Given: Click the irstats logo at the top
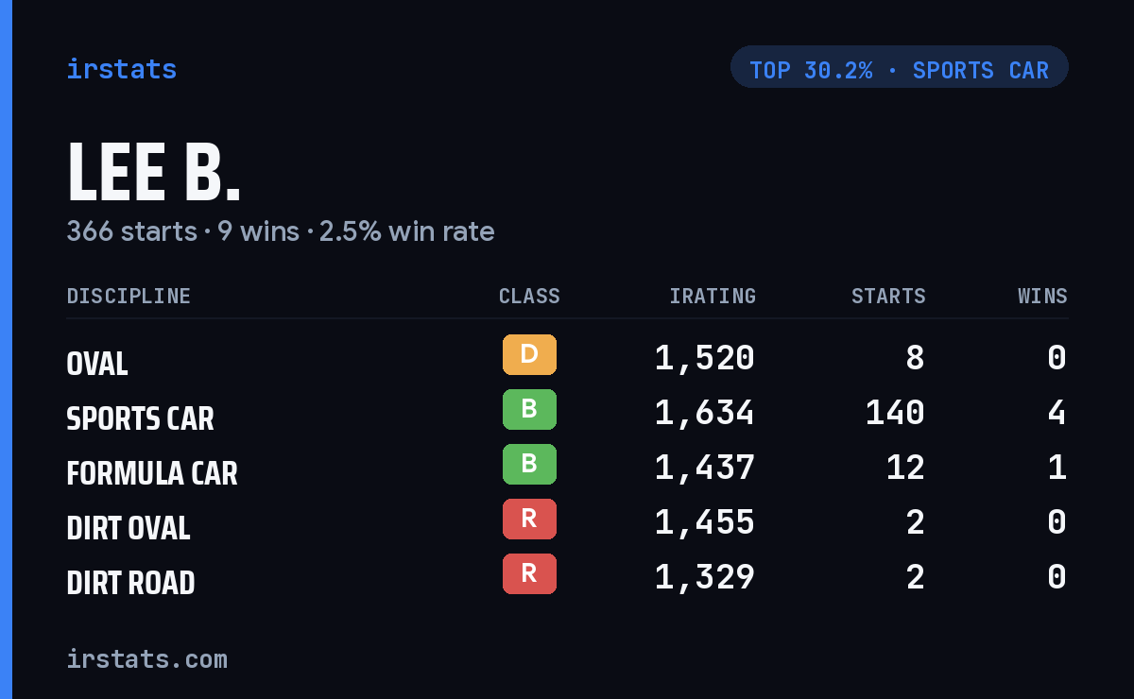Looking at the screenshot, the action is coord(122,69).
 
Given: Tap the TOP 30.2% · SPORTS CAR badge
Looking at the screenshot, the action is coord(899,67).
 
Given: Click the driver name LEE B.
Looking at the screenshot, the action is coord(153,172).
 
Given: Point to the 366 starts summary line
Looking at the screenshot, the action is coord(281,231).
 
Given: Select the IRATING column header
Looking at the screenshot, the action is coord(713,296).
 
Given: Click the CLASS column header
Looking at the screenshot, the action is coord(529,296).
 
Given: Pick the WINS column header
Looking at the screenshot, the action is coord(1043,296).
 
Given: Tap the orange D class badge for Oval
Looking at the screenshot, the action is coord(529,354).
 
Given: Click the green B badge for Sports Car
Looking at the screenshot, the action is coord(529,409).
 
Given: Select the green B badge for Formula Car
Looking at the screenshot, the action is coord(529,464).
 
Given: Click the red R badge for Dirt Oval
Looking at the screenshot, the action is coord(529,519).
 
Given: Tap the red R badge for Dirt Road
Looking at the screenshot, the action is coord(529,573).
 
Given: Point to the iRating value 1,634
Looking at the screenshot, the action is coord(705,413).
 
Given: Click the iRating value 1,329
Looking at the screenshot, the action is coord(705,577).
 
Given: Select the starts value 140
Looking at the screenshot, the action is coord(895,413).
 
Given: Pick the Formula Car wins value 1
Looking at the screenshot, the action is coord(1057,468).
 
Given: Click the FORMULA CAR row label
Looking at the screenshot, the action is coord(152,473).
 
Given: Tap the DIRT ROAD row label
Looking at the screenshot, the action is coord(130,583).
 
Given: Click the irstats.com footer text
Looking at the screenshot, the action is coord(147,659).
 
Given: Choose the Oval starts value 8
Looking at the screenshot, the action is coord(916,358).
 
